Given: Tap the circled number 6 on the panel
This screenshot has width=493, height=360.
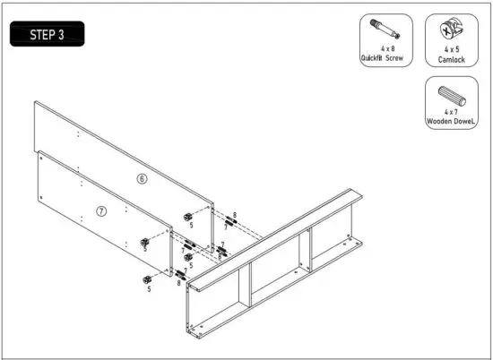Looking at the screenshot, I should [x=141, y=179].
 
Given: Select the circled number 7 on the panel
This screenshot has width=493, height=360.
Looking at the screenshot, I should [x=101, y=211].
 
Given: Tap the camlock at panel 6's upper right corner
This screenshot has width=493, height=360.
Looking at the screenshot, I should [x=189, y=216].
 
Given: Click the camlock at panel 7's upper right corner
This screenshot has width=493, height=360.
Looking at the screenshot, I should [x=144, y=241].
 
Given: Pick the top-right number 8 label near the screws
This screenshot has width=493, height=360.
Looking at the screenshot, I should [x=234, y=216].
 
